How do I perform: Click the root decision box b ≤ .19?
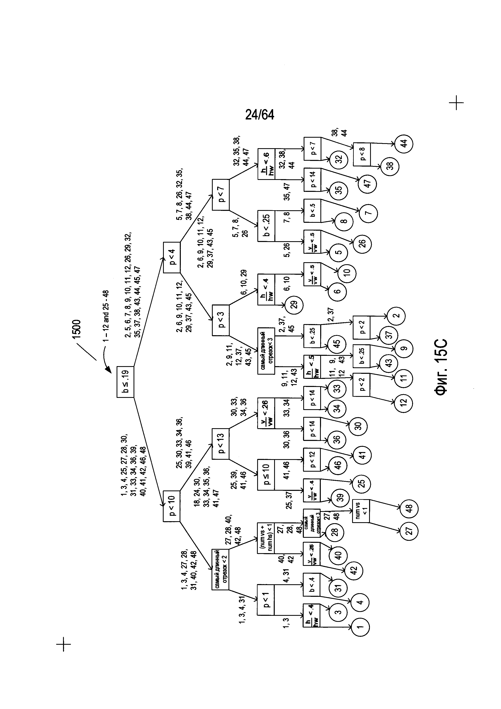click(x=125, y=382)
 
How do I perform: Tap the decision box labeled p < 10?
click(x=172, y=506)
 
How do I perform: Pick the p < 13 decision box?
click(x=221, y=444)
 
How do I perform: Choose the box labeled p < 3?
click(x=221, y=320)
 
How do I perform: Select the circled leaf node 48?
click(x=409, y=508)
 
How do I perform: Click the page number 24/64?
click(x=260, y=115)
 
